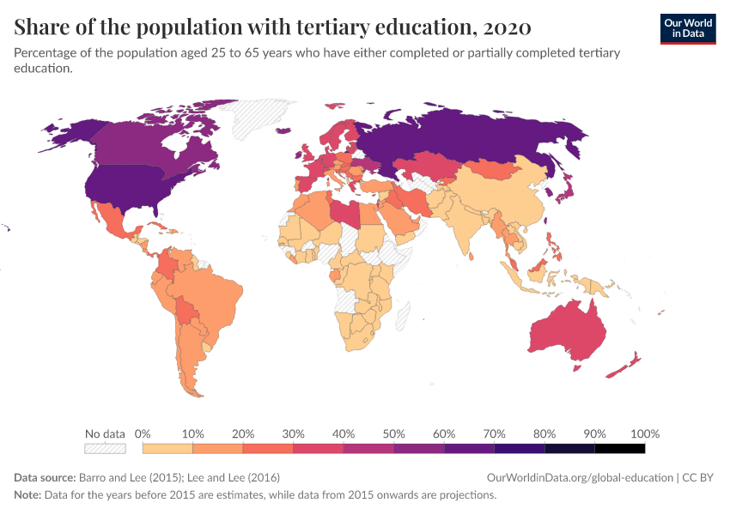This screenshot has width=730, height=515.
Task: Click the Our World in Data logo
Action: pos(687,28)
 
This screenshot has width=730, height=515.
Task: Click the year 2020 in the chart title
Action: pos(506,27)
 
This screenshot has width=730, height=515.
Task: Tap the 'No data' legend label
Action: pos(105,433)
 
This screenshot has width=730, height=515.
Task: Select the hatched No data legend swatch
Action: pos(105,448)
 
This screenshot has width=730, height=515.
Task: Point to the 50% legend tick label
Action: pos(393,433)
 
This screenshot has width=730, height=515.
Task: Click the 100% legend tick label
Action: pos(644,433)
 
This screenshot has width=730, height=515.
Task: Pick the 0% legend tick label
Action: pos(143,433)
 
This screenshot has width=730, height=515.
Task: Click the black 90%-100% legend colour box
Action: pos(619,448)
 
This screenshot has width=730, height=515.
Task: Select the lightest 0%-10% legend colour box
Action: pos(167,448)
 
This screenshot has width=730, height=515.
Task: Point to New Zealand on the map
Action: pos(625,365)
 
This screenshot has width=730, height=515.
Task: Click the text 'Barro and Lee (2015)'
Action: pos(131,477)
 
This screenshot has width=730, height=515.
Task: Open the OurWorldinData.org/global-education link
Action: pos(580,477)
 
